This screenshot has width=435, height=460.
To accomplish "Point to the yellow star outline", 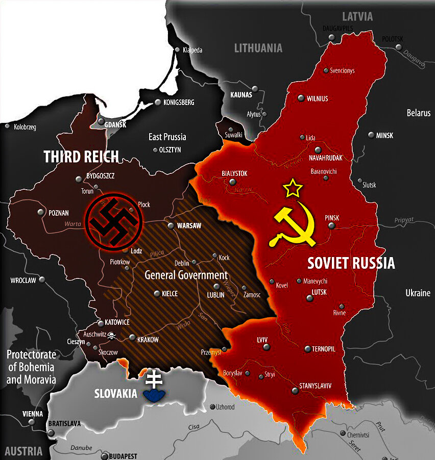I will (293, 188).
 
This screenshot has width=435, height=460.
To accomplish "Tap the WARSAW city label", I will (188, 225).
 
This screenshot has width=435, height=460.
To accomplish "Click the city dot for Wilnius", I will (301, 98).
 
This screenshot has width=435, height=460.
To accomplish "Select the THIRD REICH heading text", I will (81, 157).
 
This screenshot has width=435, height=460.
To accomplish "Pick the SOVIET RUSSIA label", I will (351, 263).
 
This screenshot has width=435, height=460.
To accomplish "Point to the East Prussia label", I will (167, 137).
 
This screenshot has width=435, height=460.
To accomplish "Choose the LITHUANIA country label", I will (258, 48).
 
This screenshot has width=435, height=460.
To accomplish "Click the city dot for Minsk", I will (372, 135).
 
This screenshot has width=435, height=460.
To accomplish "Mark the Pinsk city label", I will (332, 218).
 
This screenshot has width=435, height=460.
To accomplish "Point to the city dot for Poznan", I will (41, 212).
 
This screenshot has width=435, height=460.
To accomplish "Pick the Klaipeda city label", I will (192, 50).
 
